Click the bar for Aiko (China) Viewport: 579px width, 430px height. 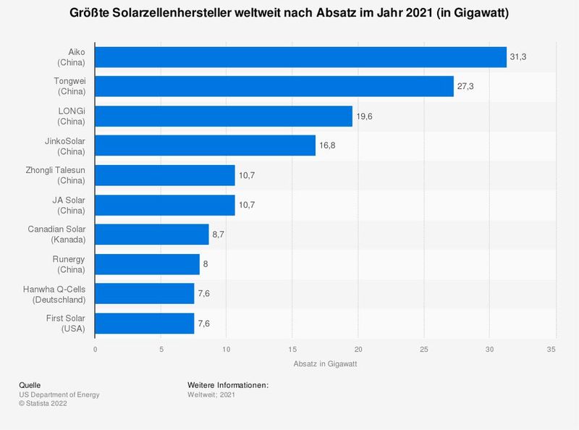pyautogui.click(x=300, y=56)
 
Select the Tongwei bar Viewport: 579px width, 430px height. pyautogui.click(x=274, y=86)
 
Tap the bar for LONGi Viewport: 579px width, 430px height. pyautogui.click(x=224, y=116)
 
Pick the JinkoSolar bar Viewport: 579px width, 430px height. pyautogui.click(x=205, y=146)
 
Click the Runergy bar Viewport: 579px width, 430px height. pyautogui.click(x=147, y=264)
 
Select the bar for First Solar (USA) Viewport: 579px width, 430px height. pyautogui.click(x=145, y=324)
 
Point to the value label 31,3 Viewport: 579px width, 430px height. pyautogui.click(x=519, y=56)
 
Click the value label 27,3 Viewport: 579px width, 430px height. pyautogui.click(x=466, y=86)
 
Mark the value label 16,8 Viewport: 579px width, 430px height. pyautogui.click(x=328, y=146)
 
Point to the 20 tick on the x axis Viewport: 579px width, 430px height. pyautogui.click(x=358, y=349)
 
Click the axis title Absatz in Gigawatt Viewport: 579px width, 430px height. pyautogui.click(x=325, y=364)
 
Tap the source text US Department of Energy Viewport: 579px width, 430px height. pyautogui.click(x=59, y=395)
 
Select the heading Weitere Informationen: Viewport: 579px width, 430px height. pyautogui.click(x=228, y=384)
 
